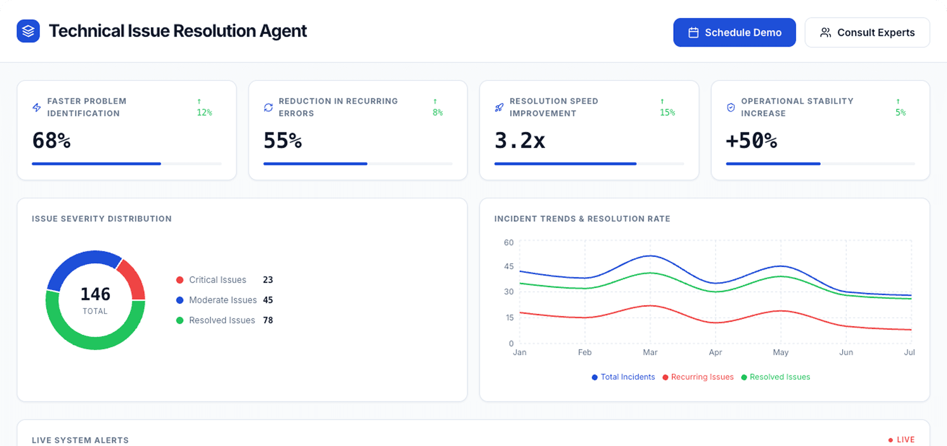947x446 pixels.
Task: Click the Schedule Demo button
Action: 734,33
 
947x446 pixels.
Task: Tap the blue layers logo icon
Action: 28,31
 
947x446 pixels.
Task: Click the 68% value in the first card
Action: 51,141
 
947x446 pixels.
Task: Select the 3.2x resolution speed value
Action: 520,141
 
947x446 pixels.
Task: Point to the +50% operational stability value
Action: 751,141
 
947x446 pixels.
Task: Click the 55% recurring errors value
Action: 283,141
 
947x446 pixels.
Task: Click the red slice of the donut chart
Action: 132,279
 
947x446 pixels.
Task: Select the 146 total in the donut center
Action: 95,294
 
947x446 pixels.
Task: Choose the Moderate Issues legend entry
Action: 222,300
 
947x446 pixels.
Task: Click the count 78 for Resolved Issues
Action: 268,320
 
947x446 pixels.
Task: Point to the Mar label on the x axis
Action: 650,352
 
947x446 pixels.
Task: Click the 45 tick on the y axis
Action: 509,266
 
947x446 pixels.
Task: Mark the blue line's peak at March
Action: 650,256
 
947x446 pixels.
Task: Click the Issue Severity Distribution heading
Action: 102,219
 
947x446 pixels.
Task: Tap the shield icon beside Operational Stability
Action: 731,107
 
